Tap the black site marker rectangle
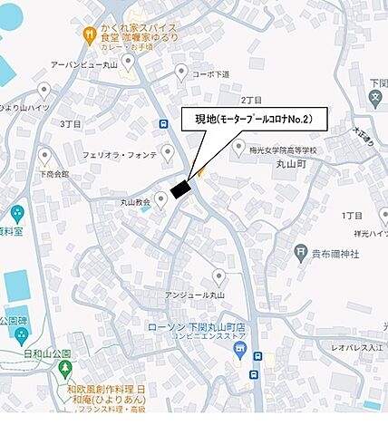click(180, 188)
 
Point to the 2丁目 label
click(251, 100)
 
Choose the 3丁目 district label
click(70, 122)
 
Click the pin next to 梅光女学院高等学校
click(239, 146)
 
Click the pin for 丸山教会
click(161, 199)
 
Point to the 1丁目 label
click(353, 215)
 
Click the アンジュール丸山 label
click(194, 295)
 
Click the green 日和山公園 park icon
click(65, 370)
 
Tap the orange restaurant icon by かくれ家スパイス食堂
click(89, 35)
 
